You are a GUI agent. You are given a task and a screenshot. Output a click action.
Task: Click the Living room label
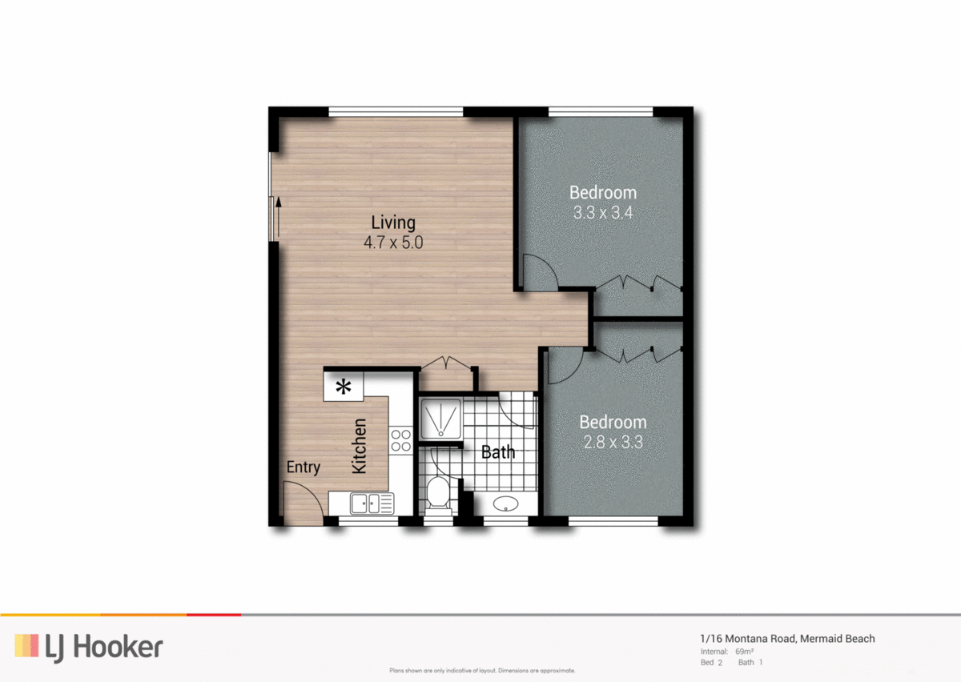pos(393,223)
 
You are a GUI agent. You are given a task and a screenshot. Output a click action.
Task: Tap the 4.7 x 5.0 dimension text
pos(393,243)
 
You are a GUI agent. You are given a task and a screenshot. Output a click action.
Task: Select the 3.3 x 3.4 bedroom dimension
pos(603,214)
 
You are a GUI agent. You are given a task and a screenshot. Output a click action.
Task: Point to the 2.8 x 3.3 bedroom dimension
pos(613,442)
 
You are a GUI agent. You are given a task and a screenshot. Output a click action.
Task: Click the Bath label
pos(497,452)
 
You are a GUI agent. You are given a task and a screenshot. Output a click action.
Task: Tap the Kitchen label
pos(360,446)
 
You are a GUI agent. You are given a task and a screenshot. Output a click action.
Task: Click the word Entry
pos(303,467)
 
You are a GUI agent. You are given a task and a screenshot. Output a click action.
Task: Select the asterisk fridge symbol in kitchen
pos(344,387)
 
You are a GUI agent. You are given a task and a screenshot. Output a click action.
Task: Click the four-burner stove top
pos(400,441)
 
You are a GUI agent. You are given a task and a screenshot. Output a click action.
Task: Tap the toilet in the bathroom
pos(438,492)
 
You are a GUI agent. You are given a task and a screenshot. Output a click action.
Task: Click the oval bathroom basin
pos(505,504)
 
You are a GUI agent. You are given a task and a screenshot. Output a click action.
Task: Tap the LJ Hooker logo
pos(88,646)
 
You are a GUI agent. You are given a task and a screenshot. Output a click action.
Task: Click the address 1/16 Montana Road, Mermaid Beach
pos(787,639)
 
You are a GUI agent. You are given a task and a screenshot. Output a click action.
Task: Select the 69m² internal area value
pos(744,652)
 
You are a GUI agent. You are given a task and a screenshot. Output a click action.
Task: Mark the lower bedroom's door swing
pos(561,365)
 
